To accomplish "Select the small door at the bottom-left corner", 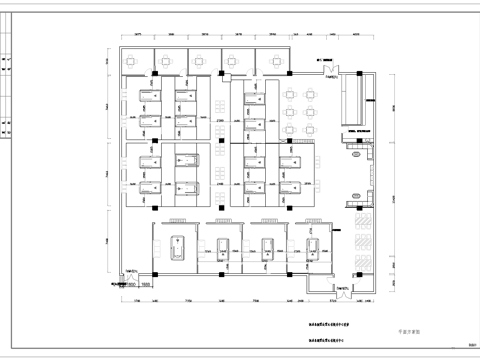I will pos(132,272).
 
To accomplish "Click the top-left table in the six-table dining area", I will pos(291,94).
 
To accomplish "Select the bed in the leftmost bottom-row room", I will pos(177,247).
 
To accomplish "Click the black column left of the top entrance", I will pos(288,74).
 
